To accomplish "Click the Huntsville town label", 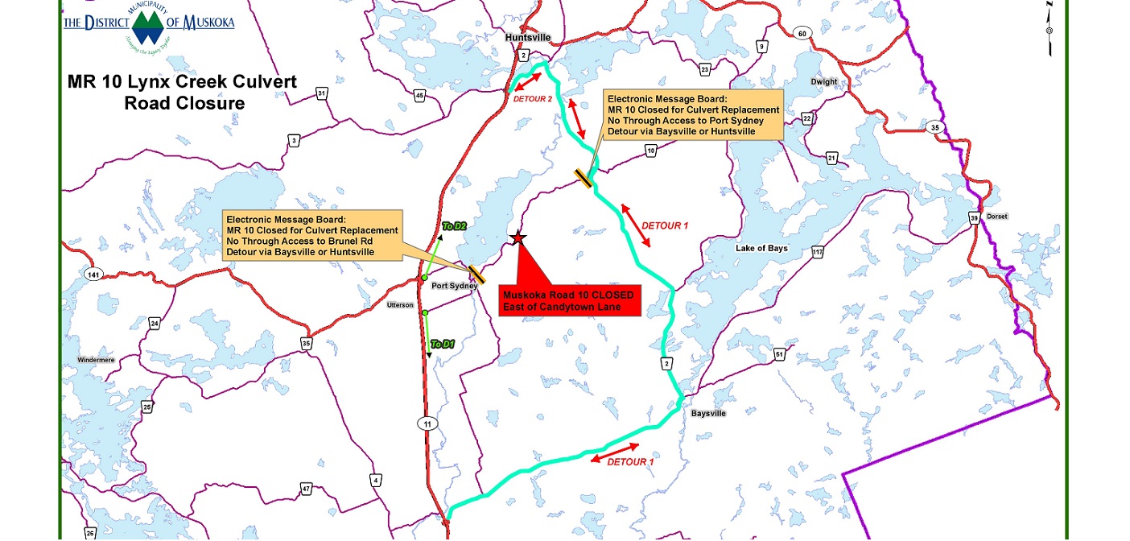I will (526, 37).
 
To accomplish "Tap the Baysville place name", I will (708, 413).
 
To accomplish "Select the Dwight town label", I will (824, 82).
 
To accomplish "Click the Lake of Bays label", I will (761, 249).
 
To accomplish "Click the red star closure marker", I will (518, 238).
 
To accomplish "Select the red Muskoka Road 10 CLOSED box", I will (569, 300).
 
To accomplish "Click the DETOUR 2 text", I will (533, 98).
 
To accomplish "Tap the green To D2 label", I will (454, 226).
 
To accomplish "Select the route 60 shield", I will (801, 33).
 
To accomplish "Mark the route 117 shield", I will (818, 254).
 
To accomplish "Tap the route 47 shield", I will (306, 489).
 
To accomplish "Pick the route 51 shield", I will (778, 354).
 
